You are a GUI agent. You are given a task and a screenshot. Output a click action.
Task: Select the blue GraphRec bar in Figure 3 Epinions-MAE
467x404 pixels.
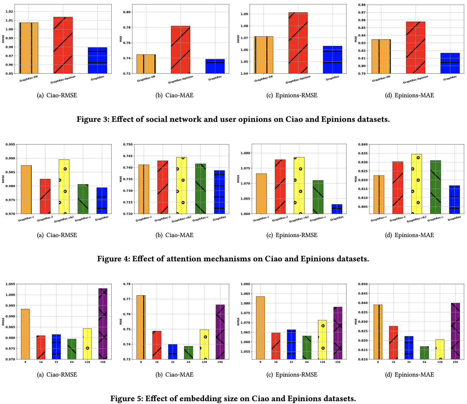[x=450, y=63]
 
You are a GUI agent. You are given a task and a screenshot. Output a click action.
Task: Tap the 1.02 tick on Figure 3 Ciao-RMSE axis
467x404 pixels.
[x=9, y=12]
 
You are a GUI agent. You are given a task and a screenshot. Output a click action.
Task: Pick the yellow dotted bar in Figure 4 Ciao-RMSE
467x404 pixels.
[x=64, y=187]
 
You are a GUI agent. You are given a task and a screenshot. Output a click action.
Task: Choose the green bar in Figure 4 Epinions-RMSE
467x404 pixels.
[x=318, y=197]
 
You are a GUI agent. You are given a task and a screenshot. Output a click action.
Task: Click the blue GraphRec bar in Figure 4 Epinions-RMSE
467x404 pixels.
[x=337, y=209]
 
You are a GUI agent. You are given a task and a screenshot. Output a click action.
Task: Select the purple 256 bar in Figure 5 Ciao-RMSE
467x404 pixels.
[x=103, y=324]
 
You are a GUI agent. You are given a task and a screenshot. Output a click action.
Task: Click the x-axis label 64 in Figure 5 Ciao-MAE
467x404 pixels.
[x=188, y=362]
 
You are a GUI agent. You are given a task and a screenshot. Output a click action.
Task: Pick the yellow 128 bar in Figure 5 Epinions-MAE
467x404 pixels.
[x=440, y=349]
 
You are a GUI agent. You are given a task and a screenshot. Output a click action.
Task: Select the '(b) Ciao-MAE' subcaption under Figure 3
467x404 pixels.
[x=174, y=95]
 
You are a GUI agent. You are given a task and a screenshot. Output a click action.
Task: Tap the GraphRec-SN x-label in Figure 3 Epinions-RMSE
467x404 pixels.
[x=263, y=79]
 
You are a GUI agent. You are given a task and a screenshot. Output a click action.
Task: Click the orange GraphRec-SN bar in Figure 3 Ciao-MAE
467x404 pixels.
[x=146, y=64]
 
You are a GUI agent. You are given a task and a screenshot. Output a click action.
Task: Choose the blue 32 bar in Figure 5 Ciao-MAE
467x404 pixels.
[x=172, y=352]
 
